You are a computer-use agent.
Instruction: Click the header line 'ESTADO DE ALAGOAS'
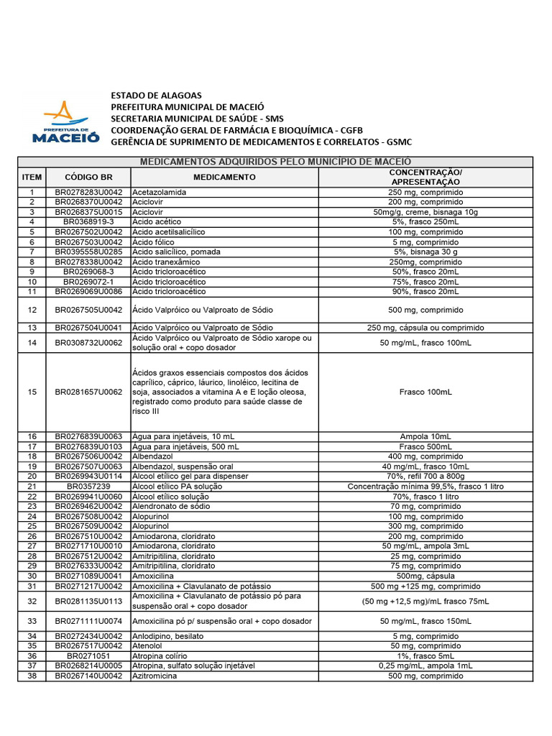(156, 96)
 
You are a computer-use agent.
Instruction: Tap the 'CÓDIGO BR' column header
(88, 177)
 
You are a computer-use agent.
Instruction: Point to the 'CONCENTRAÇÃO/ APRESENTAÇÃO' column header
(425, 178)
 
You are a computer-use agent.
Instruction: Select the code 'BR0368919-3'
(88, 222)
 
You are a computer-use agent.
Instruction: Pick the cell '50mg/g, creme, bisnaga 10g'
(425, 213)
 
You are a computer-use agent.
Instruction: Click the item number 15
(32, 392)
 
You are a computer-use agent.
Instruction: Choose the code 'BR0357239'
(88, 487)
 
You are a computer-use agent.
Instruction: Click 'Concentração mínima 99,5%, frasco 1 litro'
(425, 487)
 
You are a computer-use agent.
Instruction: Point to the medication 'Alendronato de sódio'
(170, 507)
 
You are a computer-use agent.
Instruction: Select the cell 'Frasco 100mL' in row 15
(425, 392)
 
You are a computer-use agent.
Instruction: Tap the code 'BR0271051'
(88, 656)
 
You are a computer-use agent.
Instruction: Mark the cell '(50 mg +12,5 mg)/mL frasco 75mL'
(425, 601)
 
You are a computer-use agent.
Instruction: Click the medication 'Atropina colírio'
(160, 656)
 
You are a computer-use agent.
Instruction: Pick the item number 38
(32, 676)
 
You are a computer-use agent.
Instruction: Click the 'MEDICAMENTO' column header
(224, 177)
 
